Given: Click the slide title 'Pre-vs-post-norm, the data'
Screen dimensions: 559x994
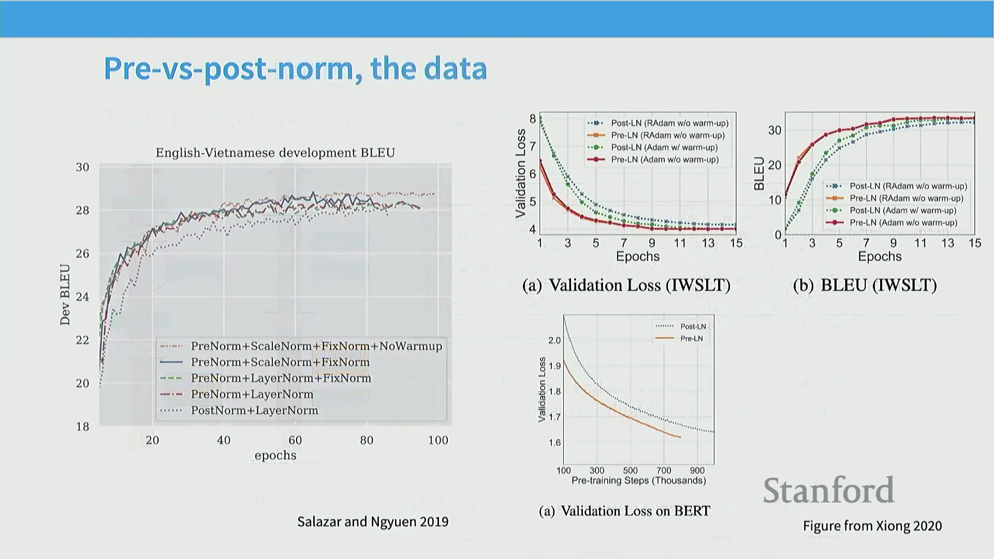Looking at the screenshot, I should (x=295, y=68).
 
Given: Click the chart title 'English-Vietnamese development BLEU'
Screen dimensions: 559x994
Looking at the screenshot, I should (x=275, y=153).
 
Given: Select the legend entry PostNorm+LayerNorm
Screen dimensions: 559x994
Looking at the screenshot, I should (x=254, y=410).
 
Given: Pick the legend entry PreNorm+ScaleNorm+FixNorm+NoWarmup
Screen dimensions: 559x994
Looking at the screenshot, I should (x=316, y=346).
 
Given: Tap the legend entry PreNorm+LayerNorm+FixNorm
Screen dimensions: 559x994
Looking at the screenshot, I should (x=281, y=378).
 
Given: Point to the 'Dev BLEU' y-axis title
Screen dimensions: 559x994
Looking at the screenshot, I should (x=65, y=295).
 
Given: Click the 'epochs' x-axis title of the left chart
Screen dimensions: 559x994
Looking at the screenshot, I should (x=275, y=455).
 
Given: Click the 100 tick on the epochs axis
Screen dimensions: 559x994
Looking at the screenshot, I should (x=438, y=440).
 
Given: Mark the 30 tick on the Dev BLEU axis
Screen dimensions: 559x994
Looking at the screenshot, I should (x=83, y=167).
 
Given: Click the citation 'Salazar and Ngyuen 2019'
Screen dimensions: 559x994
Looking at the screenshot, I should (x=373, y=522).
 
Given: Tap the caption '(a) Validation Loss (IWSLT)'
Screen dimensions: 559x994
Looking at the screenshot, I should (x=626, y=285).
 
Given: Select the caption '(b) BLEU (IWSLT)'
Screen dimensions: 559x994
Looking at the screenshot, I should (x=865, y=285).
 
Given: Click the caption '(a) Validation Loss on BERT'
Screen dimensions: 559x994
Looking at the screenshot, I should (x=624, y=511).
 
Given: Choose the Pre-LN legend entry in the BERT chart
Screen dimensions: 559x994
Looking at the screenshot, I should (x=691, y=339).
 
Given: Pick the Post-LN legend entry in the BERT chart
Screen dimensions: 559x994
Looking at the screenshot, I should (x=693, y=327).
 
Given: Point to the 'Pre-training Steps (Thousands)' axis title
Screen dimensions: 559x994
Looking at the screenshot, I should (x=638, y=481).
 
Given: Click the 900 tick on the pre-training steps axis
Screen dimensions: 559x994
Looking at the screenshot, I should (x=697, y=470).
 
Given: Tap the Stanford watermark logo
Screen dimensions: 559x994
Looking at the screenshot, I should (x=828, y=490).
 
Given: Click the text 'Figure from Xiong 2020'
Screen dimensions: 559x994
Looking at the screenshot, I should (x=872, y=526).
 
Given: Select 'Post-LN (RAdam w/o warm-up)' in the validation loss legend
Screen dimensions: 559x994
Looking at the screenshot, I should (x=669, y=123).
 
